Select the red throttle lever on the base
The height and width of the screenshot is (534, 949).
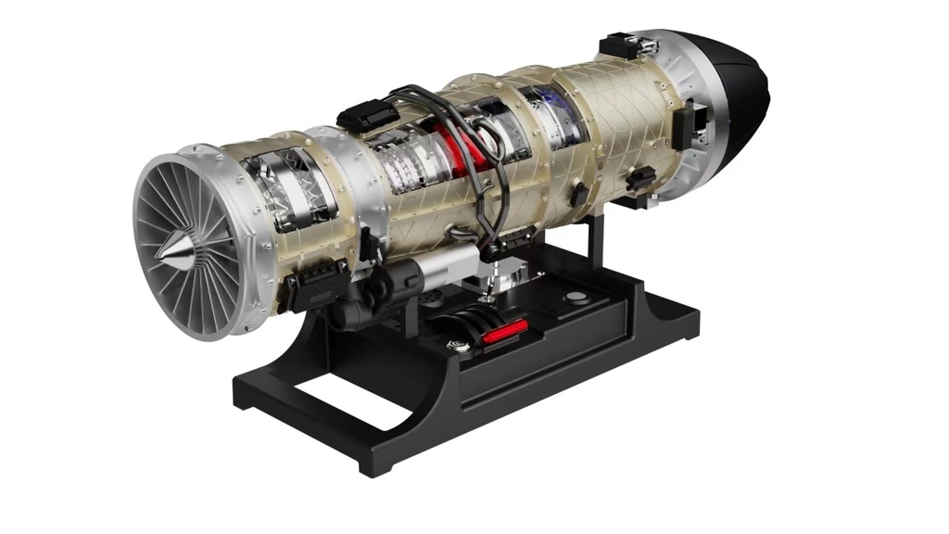click(505, 330)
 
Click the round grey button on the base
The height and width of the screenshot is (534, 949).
click(576, 299)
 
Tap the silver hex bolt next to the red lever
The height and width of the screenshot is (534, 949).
click(457, 347)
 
